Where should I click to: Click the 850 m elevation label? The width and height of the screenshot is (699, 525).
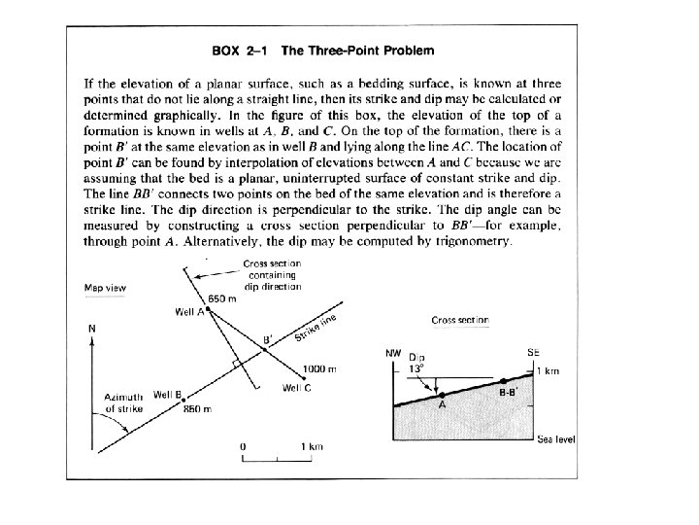198,409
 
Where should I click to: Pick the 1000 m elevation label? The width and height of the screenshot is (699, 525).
319,369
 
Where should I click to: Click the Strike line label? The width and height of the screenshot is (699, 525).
314,330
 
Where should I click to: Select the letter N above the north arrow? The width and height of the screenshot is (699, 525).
91,329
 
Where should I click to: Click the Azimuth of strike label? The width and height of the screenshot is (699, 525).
124,402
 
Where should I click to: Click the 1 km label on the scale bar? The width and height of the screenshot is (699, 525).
311,446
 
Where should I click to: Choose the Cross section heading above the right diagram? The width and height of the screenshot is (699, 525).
459,320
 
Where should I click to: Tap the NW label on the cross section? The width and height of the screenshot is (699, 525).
392,351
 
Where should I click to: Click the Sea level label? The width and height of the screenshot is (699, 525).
556,439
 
